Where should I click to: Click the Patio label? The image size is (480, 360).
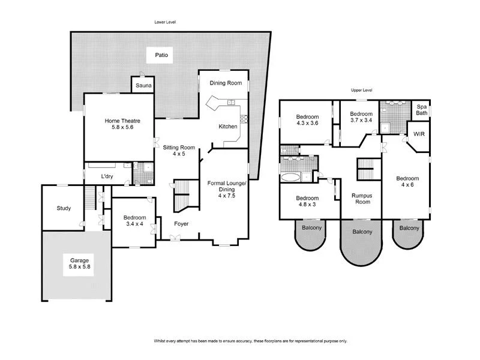(161, 55)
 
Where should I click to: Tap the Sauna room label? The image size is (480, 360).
(143, 86)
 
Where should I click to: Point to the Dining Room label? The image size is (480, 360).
(225, 83)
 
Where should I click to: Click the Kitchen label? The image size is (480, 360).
(227, 127)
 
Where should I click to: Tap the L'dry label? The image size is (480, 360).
(107, 176)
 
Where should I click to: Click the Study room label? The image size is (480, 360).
(64, 209)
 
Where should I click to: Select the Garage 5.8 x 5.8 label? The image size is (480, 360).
(79, 264)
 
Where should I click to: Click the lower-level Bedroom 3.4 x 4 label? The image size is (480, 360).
(133, 221)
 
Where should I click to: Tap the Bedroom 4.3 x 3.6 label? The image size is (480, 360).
(306, 120)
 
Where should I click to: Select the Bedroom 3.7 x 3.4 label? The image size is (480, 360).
(361, 117)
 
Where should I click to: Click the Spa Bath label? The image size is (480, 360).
(422, 110)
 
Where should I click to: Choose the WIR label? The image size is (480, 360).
(419, 134)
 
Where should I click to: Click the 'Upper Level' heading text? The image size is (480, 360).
(362, 90)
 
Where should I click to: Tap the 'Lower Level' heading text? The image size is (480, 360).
(165, 22)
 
